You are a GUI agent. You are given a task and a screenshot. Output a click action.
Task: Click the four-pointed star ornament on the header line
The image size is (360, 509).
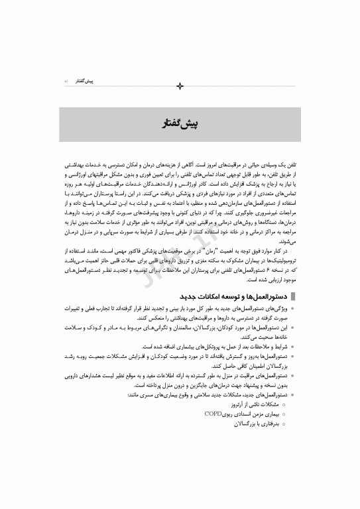180,85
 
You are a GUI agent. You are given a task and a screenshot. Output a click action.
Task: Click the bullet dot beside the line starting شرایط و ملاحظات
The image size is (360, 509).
294,346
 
